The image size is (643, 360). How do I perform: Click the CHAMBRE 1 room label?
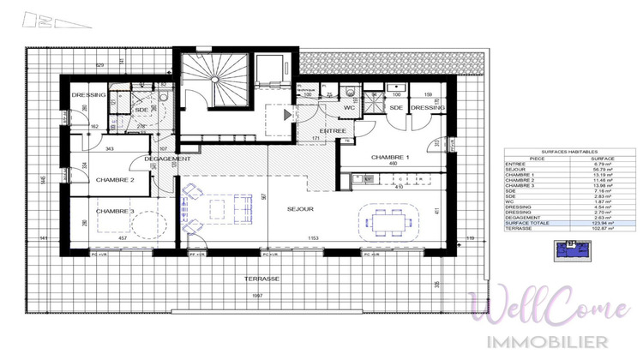pos(390,158)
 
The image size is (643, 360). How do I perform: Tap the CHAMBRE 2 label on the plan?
pos(115,179)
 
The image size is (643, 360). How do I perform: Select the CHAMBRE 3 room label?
pos(115,212)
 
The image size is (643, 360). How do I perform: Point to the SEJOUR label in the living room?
pos(300,208)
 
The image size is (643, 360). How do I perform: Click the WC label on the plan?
pos(350,108)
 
